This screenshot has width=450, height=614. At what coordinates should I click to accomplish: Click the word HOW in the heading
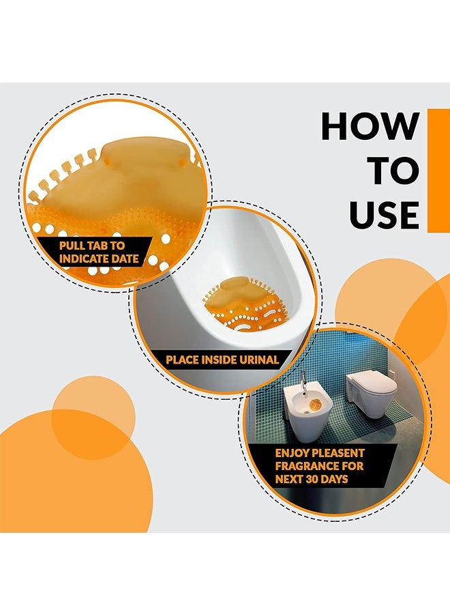[370, 126]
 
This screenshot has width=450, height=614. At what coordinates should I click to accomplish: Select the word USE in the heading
[385, 215]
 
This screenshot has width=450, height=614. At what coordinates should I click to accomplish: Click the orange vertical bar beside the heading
[438, 171]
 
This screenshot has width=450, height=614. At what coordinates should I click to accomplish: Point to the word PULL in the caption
[72, 246]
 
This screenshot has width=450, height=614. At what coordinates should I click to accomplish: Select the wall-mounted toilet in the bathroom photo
[371, 394]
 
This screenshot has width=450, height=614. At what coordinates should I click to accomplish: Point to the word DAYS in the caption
[335, 479]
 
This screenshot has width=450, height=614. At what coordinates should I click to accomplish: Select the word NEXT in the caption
[289, 479]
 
